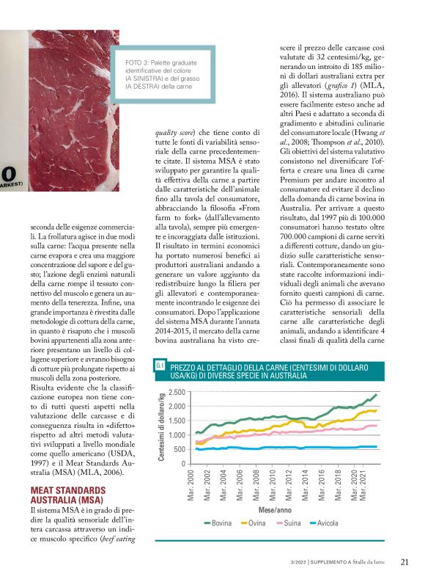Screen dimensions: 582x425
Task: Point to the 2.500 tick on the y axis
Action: point(179,393)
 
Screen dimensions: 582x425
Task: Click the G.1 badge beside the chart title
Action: point(160,366)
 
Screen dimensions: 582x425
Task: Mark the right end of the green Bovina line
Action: point(377,395)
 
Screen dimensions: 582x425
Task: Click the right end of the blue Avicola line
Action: point(377,446)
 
